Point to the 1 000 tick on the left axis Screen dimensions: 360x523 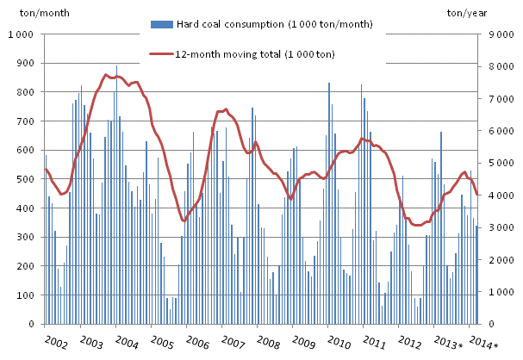(x=22, y=34)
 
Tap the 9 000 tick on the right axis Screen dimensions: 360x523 (x=501, y=34)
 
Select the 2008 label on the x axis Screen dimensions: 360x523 (x=267, y=342)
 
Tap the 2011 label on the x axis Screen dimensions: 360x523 (x=372, y=342)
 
